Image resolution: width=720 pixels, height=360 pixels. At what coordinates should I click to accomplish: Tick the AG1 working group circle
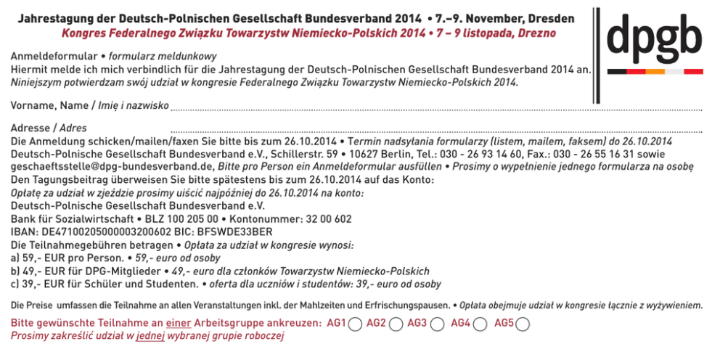coord(355,324)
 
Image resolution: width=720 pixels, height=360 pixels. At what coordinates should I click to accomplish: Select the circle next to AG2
coord(396,324)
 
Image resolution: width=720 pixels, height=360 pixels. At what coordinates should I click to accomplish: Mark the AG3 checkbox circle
coord(437,324)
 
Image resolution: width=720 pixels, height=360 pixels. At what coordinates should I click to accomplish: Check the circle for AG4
coord(480,324)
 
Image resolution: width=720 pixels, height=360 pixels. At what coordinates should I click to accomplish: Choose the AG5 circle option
coord(523,324)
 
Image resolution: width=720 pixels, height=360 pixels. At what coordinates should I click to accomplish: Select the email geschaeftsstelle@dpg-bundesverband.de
coord(108,166)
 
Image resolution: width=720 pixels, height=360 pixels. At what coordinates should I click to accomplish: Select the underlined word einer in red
coord(179,322)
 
